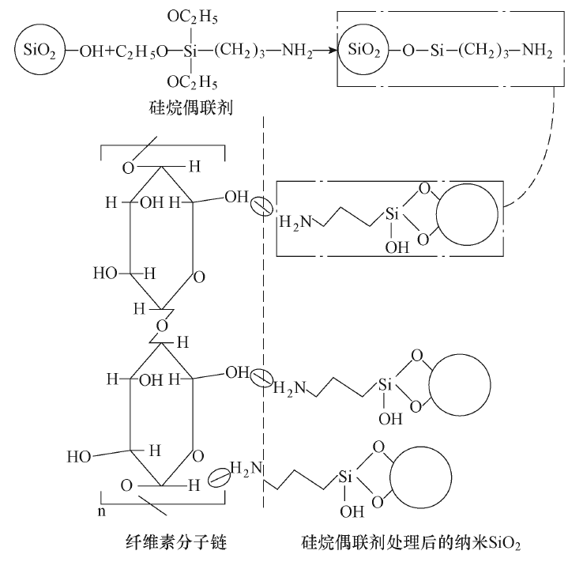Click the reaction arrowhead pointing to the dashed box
click(330, 53)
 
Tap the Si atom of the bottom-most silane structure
click(346, 477)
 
